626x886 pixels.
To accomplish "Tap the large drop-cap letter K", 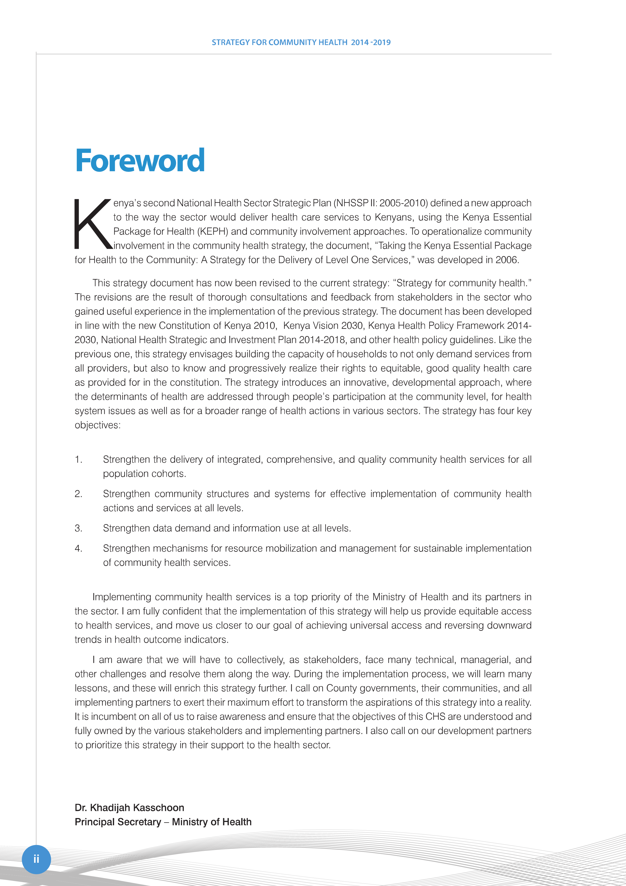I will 93,224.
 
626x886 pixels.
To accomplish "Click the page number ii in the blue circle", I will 36,859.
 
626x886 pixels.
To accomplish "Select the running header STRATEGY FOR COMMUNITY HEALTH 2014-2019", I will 301,42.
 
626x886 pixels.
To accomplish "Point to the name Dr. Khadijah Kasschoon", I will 129,808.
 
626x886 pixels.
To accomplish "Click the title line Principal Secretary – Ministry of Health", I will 163,822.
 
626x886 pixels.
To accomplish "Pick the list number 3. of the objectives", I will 78,528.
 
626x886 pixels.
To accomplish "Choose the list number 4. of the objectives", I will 78,548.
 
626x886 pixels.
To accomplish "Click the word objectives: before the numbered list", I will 98,425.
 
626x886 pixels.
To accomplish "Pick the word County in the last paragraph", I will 341,688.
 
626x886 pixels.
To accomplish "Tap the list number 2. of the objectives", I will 78,494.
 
